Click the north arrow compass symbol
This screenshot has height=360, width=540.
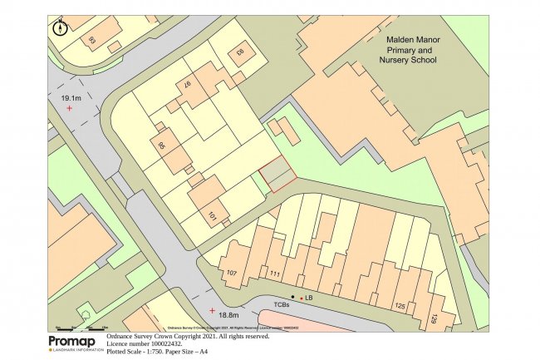click(x=60, y=27)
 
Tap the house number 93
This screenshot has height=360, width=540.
click(x=92, y=39)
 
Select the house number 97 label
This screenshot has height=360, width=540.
click(x=188, y=86)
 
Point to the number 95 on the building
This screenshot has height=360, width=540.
click(x=162, y=147)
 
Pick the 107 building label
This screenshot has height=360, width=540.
click(x=232, y=272)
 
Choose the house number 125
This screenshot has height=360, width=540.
click(x=400, y=307)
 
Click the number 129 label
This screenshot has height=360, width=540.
click(x=434, y=318)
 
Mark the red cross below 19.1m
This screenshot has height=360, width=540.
click(x=70, y=109)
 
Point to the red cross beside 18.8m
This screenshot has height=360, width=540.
click(x=212, y=310)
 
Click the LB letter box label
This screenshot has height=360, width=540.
click(x=309, y=297)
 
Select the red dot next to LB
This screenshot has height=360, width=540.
click(x=301, y=297)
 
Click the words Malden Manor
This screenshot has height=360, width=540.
click(x=415, y=39)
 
